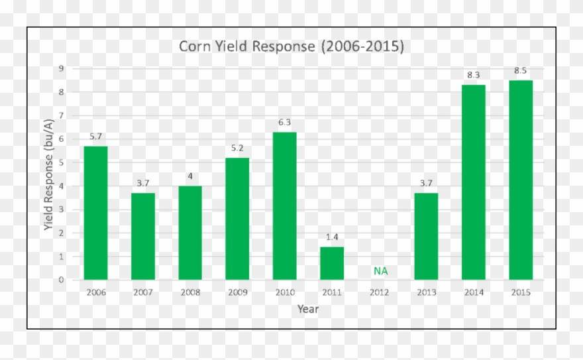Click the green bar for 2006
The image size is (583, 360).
[95, 213]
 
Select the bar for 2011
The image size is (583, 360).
[332, 263]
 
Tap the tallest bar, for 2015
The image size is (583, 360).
[521, 180]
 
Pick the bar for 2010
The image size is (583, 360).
[285, 206]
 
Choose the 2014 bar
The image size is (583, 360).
[474, 182]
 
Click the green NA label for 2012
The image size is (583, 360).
[380, 270]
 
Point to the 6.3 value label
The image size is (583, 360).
[285, 122]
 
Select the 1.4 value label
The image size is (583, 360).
[332, 237]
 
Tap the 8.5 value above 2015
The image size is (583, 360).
[521, 70]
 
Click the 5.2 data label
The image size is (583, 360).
[238, 148]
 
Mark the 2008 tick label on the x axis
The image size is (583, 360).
[190, 292]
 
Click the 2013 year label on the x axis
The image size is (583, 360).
[426, 292]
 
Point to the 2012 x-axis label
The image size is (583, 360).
[379, 292]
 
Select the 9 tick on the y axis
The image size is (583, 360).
[61, 68]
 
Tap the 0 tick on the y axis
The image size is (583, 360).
[61, 280]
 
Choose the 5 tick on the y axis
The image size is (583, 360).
[61, 162]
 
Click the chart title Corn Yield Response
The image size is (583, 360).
[291, 47]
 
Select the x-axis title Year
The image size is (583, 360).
[307, 309]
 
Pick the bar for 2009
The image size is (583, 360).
[238, 219]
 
